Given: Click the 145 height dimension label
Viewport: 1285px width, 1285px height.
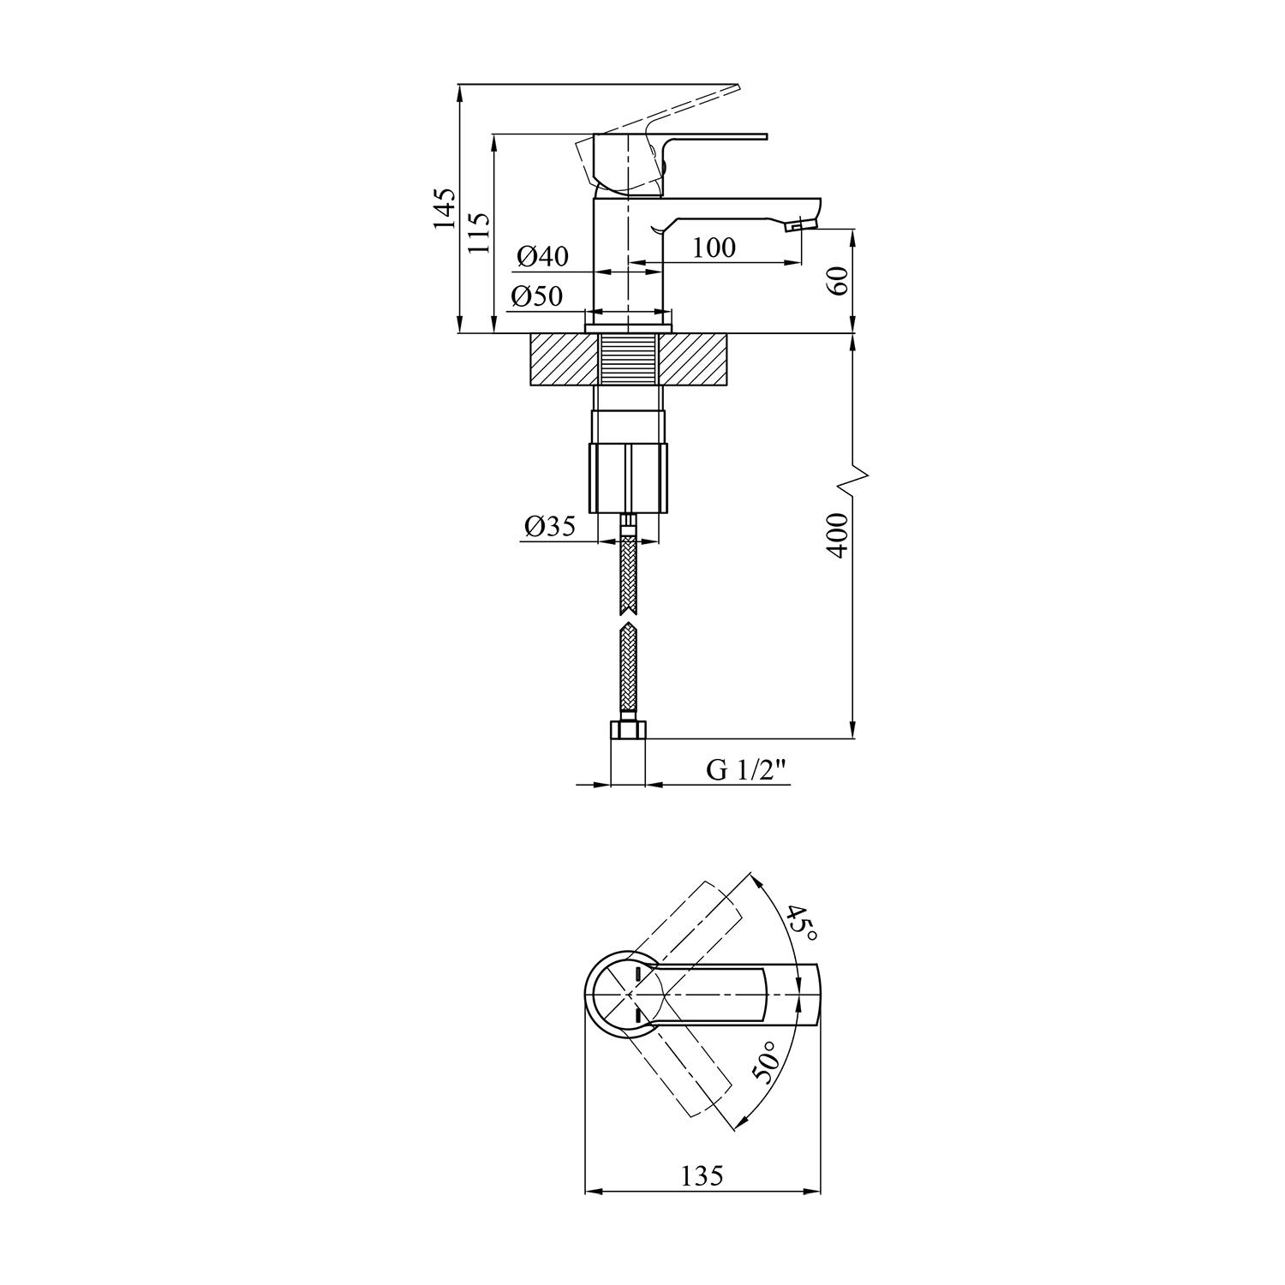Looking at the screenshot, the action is click(444, 208).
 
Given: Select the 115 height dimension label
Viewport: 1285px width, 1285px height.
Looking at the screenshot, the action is click(480, 231).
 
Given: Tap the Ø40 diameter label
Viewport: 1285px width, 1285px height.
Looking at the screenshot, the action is click(543, 256).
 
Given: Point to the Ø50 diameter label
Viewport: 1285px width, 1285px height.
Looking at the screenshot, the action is click(537, 296).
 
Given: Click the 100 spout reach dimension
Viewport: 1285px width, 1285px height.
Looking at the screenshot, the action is click(714, 248).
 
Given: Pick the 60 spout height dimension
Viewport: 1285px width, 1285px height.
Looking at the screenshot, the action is click(838, 280).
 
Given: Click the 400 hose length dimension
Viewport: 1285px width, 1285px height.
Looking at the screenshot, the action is click(838, 535).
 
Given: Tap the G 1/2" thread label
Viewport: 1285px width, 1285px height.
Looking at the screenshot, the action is click(746, 770).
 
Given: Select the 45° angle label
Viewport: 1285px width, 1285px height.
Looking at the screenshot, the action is click(802, 923).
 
